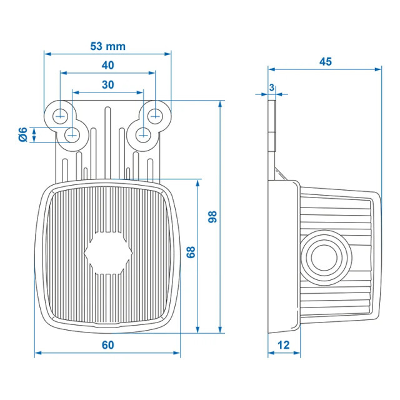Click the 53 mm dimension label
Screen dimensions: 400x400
click(x=108, y=46)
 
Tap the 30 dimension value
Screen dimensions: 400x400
click(x=107, y=85)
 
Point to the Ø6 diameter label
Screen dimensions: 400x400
click(x=22, y=134)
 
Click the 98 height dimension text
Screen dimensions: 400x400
click(x=212, y=217)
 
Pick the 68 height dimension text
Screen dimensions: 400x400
click(x=191, y=252)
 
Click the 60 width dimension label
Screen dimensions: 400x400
click(x=107, y=344)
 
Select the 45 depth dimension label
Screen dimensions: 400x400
click(x=325, y=61)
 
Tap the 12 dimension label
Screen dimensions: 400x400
click(x=284, y=344)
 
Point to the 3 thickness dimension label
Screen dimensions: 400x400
click(x=272, y=87)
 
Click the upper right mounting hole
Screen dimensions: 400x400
click(x=156, y=115)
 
